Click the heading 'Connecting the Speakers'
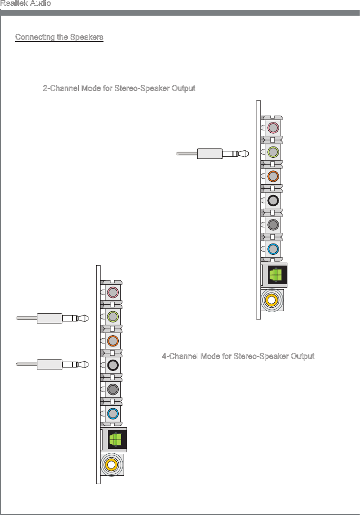59,38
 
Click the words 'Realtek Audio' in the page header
26,4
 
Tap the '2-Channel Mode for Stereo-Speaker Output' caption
119,89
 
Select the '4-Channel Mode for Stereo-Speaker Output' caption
238,356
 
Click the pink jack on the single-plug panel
273,128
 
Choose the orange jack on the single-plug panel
273,175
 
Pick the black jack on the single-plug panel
273,200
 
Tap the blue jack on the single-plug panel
273,248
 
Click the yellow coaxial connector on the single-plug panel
272,298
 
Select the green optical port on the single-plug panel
276,274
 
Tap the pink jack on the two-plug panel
113,293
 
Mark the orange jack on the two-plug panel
113,341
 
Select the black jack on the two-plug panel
113,365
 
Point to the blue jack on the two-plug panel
113,413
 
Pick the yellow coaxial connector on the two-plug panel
112,464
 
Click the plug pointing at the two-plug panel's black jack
50,365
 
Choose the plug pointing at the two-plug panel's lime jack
50,318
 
